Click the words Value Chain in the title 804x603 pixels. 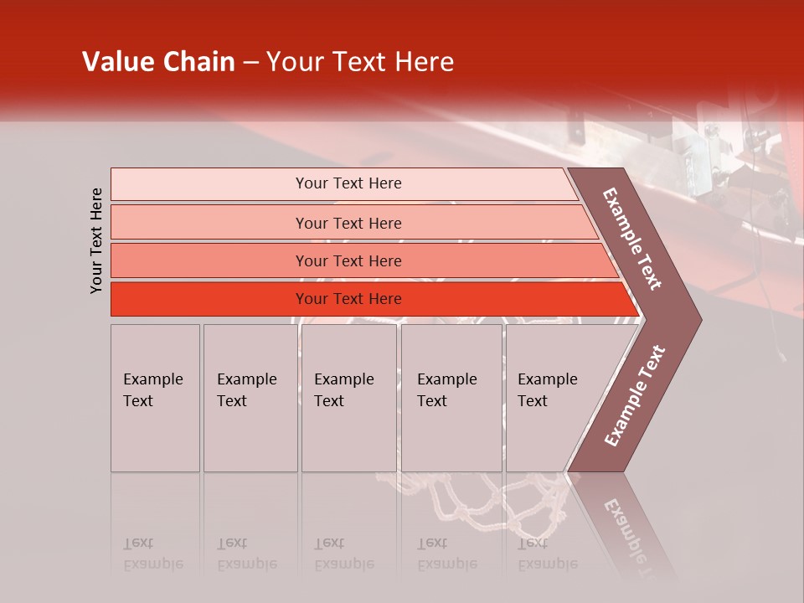pyautogui.click(x=158, y=62)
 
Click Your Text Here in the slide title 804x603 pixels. pyautogui.click(x=360, y=62)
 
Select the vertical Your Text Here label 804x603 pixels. pyautogui.click(x=96, y=240)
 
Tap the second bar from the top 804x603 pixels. pyautogui.click(x=348, y=223)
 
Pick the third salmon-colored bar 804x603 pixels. pyautogui.click(x=348, y=260)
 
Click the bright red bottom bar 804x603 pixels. pyautogui.click(x=348, y=299)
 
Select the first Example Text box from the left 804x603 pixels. pyautogui.click(x=155, y=397)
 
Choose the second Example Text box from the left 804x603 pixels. pyautogui.click(x=250, y=397)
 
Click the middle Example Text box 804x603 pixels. pyautogui.click(x=348, y=397)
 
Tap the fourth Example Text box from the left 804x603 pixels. pyautogui.click(x=451, y=397)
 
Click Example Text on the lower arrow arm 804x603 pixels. pyautogui.click(x=634, y=396)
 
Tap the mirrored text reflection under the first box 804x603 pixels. pyautogui.click(x=152, y=554)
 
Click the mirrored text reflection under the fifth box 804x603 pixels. pyautogui.click(x=547, y=554)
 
